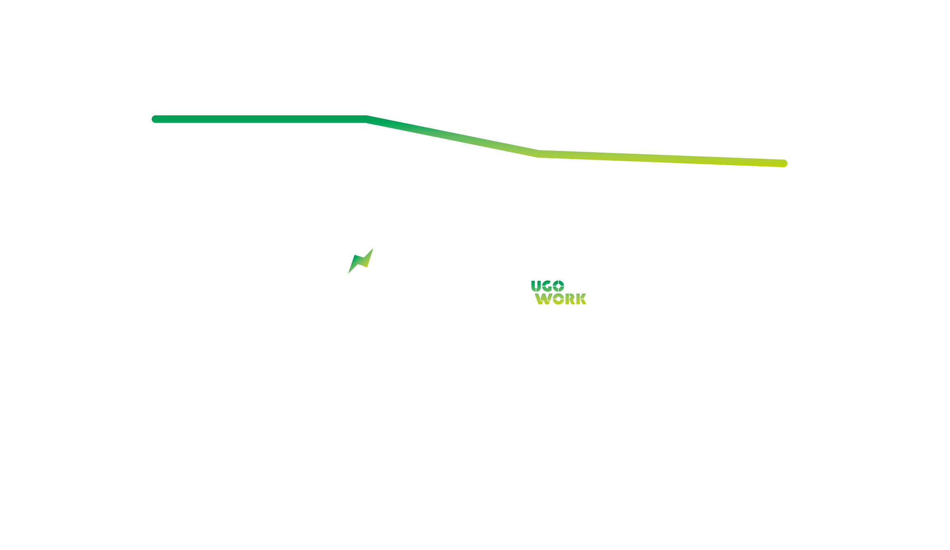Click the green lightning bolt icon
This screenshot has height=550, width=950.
pos(361,261)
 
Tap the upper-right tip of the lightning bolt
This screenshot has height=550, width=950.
pos(373,249)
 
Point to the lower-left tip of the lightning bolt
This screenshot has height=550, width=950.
pos(349,273)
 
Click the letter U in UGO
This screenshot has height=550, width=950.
pos(536,286)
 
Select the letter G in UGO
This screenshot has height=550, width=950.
pos(547,286)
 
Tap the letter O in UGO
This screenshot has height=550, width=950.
pos(559,286)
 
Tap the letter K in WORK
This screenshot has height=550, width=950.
pos(581,299)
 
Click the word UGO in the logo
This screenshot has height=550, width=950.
pos(548,286)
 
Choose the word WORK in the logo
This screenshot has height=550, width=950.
pos(561,299)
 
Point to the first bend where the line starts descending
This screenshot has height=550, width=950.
pos(367,119)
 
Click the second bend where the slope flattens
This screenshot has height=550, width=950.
pos(539,154)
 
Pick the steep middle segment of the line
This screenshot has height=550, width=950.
pos(453,136)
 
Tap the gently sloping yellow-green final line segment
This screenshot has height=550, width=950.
pos(661,159)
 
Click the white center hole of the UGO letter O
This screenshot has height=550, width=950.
pos(559,286)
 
